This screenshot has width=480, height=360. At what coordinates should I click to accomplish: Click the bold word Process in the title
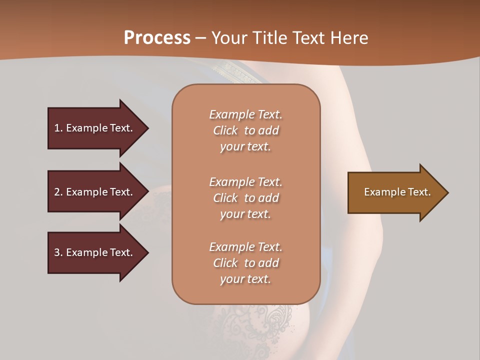(x=157, y=38)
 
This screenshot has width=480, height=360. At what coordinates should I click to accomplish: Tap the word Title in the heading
(x=269, y=38)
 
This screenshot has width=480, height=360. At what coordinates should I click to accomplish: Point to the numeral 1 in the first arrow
(x=57, y=128)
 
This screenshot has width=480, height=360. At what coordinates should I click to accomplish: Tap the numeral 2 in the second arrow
(x=57, y=192)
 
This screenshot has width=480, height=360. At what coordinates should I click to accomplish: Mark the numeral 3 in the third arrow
(x=57, y=252)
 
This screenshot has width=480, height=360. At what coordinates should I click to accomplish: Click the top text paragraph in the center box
(x=245, y=130)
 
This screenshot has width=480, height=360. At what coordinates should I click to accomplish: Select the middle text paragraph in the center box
(x=245, y=198)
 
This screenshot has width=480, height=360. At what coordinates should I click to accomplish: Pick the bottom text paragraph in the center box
(x=245, y=263)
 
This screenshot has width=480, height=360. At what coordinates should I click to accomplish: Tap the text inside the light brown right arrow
(x=397, y=192)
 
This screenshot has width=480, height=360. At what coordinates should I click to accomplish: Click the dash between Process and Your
(x=200, y=38)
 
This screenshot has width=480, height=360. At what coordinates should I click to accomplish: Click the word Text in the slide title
(x=310, y=38)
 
